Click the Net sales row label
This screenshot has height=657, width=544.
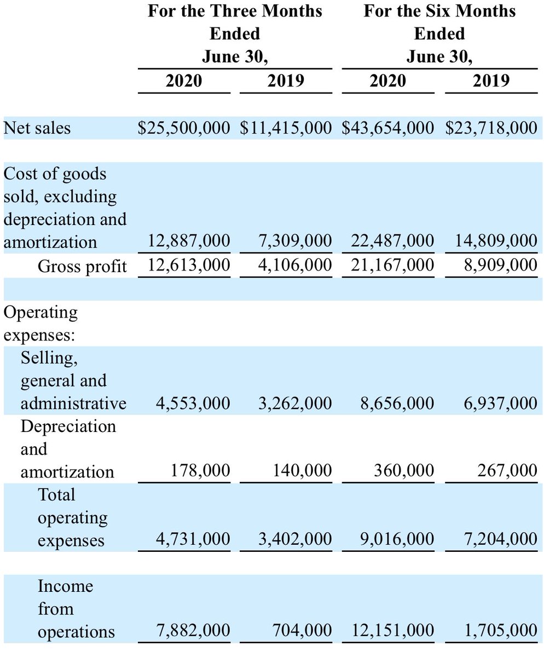37,128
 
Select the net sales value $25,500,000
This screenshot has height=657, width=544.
184,128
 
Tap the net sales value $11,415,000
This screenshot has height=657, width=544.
286,128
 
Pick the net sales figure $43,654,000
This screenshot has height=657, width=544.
388,128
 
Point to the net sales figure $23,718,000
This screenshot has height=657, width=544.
491,128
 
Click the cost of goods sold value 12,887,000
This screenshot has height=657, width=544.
189,242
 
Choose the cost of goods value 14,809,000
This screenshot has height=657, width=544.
496,242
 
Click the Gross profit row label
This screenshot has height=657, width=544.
82,266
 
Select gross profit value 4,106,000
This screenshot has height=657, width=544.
295,266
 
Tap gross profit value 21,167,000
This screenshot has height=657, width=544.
392,266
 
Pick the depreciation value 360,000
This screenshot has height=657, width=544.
404,471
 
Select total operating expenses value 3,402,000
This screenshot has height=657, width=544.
295,540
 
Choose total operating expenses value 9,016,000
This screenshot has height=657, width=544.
397,540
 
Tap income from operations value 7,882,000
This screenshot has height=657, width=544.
193,631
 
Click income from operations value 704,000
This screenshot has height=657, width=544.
302,631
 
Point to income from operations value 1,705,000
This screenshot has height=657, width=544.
500,631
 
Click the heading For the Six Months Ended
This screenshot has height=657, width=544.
439,22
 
